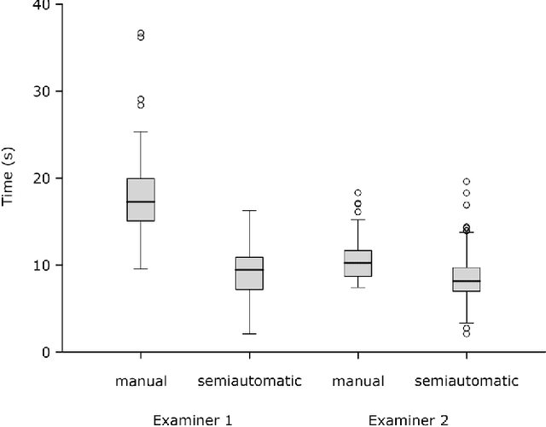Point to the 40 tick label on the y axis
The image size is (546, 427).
[x=40, y=5]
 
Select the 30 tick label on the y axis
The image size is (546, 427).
[x=40, y=91]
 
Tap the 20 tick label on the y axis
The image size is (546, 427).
[x=40, y=178]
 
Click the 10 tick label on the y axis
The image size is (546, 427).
[x=40, y=266]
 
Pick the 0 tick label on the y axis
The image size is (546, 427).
[x=44, y=352]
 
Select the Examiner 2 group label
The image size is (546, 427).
[x=406, y=419]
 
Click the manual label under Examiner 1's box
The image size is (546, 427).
[x=141, y=381]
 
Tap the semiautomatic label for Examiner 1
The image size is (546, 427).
[x=249, y=381]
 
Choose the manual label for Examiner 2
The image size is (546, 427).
[x=357, y=381]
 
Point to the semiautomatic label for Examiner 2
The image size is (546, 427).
[x=467, y=381]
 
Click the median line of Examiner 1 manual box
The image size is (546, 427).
[x=141, y=202]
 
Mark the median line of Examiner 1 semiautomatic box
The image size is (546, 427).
[x=249, y=270]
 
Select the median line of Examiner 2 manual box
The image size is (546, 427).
[x=357, y=263]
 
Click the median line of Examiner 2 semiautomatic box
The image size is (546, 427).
[x=467, y=281]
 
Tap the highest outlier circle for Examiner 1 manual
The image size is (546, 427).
[x=141, y=33]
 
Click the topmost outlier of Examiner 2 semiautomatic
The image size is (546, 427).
[x=467, y=181]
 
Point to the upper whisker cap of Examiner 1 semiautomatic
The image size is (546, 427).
[x=249, y=210]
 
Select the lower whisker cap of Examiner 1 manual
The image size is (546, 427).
[x=141, y=269]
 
